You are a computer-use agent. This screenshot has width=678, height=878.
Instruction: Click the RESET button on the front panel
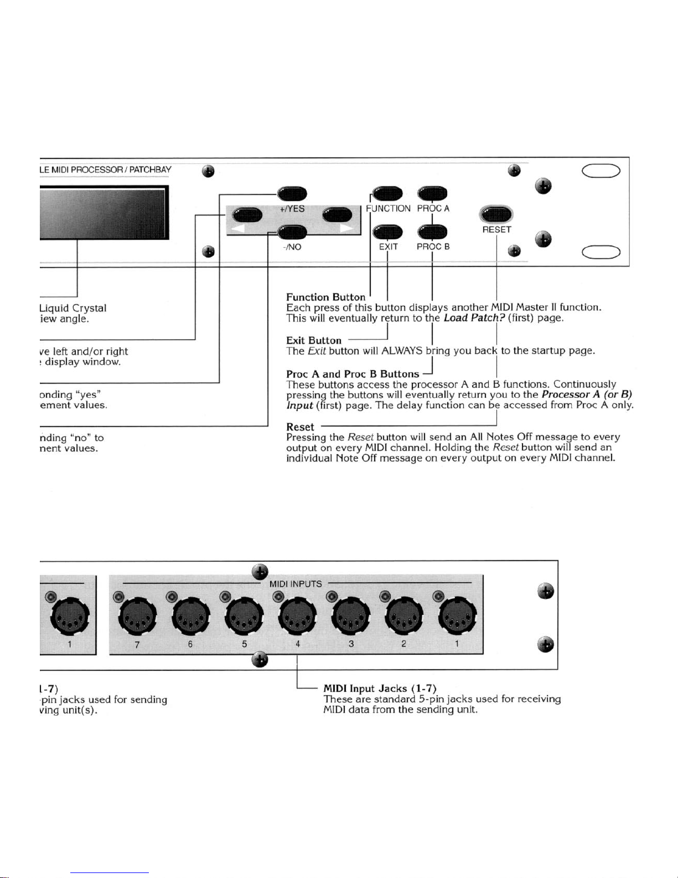pos(496,214)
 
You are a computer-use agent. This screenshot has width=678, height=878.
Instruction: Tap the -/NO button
pos(292,232)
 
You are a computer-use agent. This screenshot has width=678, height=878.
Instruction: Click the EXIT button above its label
pos(387,232)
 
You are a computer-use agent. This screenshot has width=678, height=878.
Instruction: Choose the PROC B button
pos(432,232)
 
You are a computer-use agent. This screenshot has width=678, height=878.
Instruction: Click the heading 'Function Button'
pos(325,297)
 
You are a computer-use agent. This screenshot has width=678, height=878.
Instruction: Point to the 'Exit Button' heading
pos(313,341)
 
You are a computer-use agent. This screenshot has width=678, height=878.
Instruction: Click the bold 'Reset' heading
pos(300,427)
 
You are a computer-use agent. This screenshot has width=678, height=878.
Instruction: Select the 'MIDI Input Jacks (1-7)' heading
pos(380,689)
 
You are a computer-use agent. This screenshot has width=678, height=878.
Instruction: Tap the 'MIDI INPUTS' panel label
pos(295,584)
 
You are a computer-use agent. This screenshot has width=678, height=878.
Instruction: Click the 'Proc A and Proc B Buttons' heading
pos(353,374)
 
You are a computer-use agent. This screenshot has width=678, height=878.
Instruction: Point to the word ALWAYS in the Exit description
pos(402,351)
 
